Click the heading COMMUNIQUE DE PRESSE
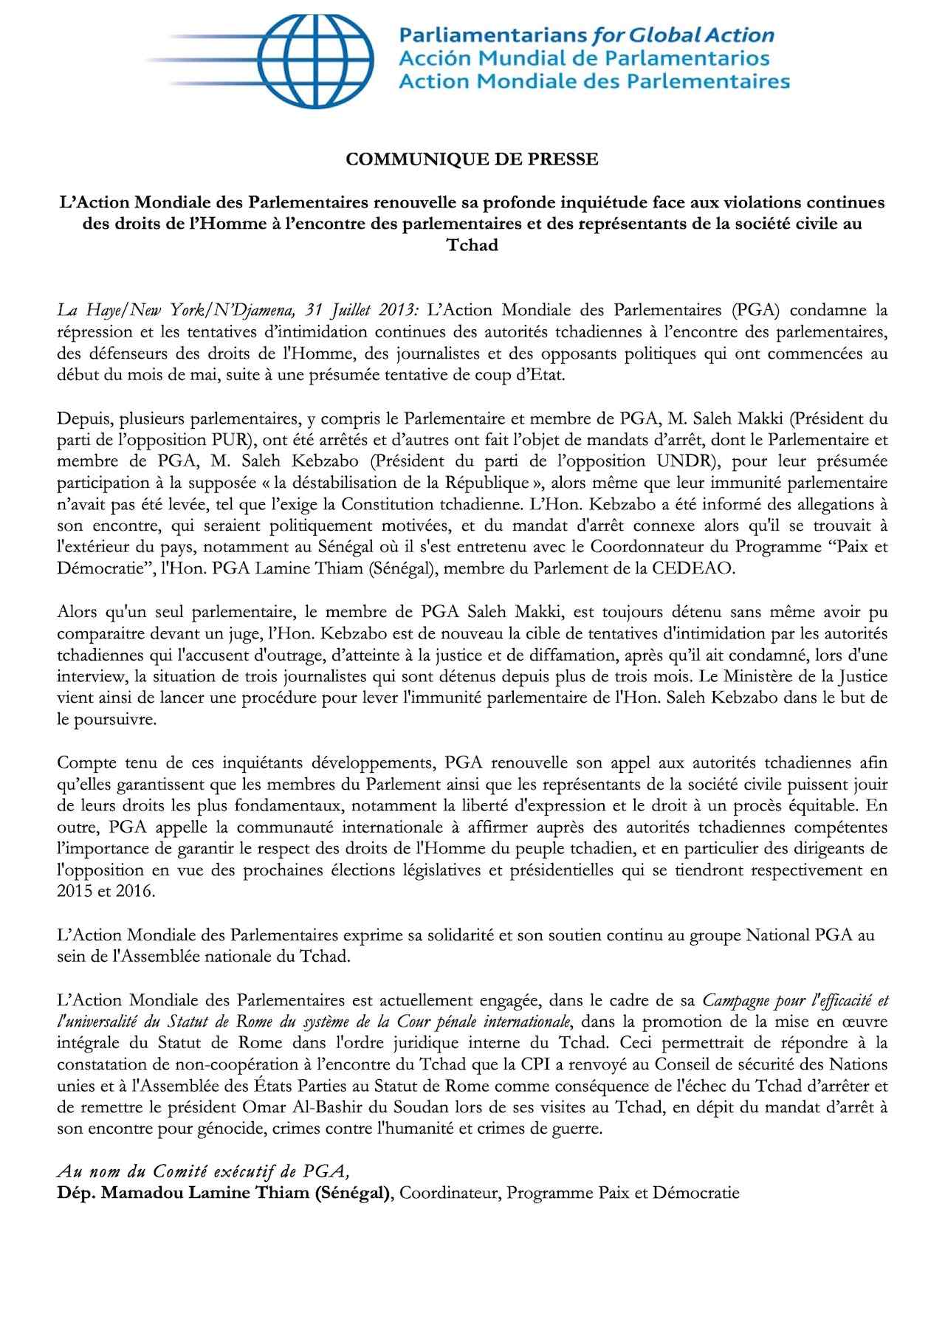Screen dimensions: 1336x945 472,159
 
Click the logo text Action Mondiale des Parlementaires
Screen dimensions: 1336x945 594,81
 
